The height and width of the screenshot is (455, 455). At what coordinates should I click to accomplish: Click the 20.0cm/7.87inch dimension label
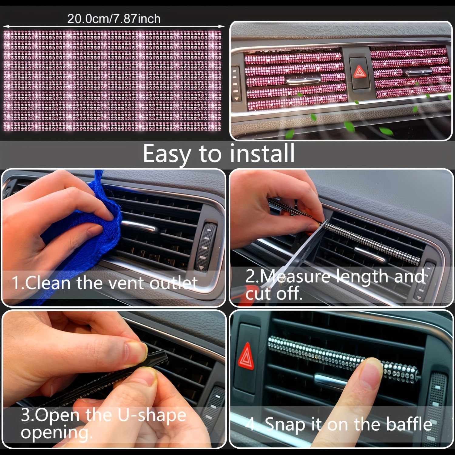(x=114, y=19)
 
